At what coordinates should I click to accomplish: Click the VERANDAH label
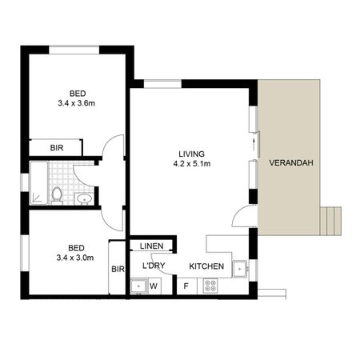click(290, 163)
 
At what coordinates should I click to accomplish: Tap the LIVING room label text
click(191, 154)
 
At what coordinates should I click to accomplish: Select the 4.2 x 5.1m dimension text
click(191, 165)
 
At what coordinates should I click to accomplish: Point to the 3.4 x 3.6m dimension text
click(77, 103)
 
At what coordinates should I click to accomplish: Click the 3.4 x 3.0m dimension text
click(76, 258)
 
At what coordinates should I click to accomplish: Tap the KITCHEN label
click(206, 266)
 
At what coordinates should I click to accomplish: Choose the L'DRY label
click(154, 266)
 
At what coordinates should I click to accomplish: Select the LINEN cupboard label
click(151, 246)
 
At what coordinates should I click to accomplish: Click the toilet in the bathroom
click(57, 194)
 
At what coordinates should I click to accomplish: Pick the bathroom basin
click(84, 198)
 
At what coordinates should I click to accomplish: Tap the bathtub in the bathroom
click(38, 182)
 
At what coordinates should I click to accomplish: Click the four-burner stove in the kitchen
click(211, 284)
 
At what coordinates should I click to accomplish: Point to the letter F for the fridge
click(186, 284)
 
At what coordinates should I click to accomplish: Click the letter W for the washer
click(153, 284)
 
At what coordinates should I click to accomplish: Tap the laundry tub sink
click(138, 284)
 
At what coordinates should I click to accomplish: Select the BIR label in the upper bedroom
click(57, 148)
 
